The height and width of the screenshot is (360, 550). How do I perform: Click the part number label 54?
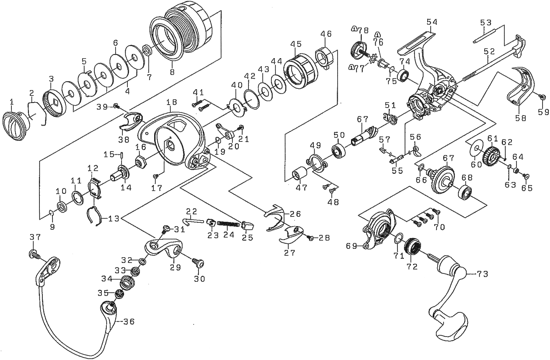pos(432,22)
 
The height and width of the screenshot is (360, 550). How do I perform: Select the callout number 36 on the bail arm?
pos(129,321)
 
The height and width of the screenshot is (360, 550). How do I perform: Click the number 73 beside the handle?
pos(482,274)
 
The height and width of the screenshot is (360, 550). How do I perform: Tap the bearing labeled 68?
pos(465,193)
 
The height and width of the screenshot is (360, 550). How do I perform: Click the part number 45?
pos(296,44)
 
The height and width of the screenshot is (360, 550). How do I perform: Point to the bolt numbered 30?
pos(198,263)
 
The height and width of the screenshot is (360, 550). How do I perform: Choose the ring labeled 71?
pos(399,238)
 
